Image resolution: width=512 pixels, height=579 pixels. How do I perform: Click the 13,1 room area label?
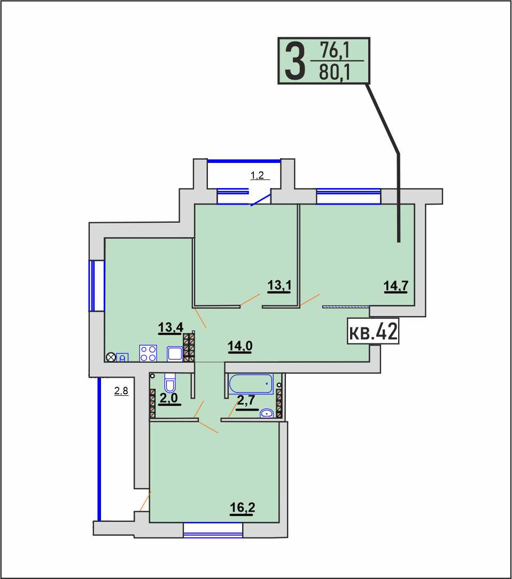click(x=279, y=286)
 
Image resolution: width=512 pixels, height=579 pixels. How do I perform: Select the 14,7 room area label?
click(x=395, y=286)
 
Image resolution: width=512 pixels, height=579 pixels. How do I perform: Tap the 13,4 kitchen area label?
click(x=170, y=327)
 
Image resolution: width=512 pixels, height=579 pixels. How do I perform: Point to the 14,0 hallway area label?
click(x=240, y=346)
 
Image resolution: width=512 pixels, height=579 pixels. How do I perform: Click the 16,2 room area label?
click(x=242, y=508)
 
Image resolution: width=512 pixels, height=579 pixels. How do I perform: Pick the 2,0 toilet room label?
click(x=169, y=399)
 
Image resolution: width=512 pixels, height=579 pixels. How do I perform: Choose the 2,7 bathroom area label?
click(x=246, y=401)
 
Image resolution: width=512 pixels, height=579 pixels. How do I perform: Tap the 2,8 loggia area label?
click(x=121, y=390)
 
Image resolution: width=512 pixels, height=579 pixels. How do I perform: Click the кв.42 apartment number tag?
click(x=373, y=331)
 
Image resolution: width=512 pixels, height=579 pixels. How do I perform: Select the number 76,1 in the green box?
click(x=335, y=50)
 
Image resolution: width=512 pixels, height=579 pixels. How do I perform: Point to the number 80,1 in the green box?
click(x=335, y=72)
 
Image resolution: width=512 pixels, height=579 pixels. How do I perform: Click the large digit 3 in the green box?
click(x=295, y=60)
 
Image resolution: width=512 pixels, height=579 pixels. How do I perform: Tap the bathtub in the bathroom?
click(x=251, y=384)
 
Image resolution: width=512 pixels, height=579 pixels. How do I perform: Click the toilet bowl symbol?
click(x=169, y=382)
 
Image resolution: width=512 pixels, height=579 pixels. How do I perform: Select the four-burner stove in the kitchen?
click(x=148, y=353)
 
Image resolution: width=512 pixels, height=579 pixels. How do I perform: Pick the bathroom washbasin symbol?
click(x=266, y=413)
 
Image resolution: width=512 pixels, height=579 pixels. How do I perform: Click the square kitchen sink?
click(x=175, y=354)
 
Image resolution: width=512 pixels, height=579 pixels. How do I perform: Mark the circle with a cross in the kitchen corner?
click(x=110, y=357)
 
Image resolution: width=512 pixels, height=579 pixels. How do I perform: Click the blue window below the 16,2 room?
click(x=213, y=529)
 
